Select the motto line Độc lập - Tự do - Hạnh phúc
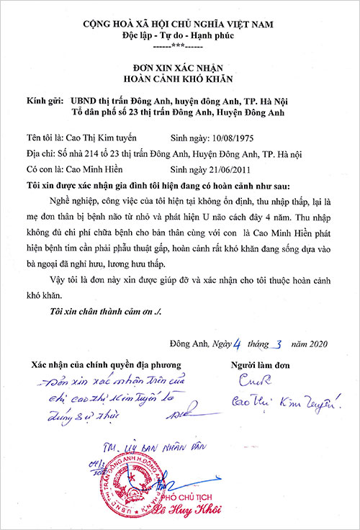(x=180, y=35)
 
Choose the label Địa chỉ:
(x=41, y=153)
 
